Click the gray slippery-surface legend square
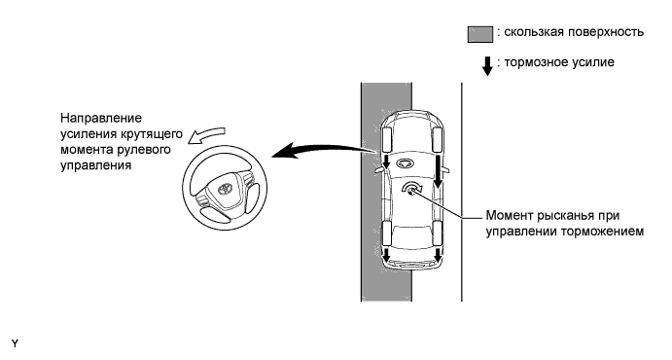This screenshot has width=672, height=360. coord(480,34)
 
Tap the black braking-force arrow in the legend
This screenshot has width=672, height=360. coord(487,66)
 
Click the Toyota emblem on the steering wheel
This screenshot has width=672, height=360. coord(225,189)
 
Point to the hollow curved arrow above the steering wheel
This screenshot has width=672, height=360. coord(206,135)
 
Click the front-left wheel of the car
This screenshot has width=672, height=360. coord(387,139)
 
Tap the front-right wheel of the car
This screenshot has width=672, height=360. coord(438,140)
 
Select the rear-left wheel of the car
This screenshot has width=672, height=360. coord(386,233)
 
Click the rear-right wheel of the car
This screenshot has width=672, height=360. coord(438,233)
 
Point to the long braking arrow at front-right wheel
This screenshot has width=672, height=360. coord(438,171)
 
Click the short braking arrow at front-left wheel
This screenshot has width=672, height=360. coord(386,162)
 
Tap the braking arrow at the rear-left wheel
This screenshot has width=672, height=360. coord(386,254)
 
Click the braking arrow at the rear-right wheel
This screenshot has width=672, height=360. coord(438,255)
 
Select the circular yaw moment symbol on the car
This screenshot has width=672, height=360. coord(412,188)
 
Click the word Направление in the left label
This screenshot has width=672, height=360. coord(101,118)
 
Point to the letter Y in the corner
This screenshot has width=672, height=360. coord(15,343)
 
